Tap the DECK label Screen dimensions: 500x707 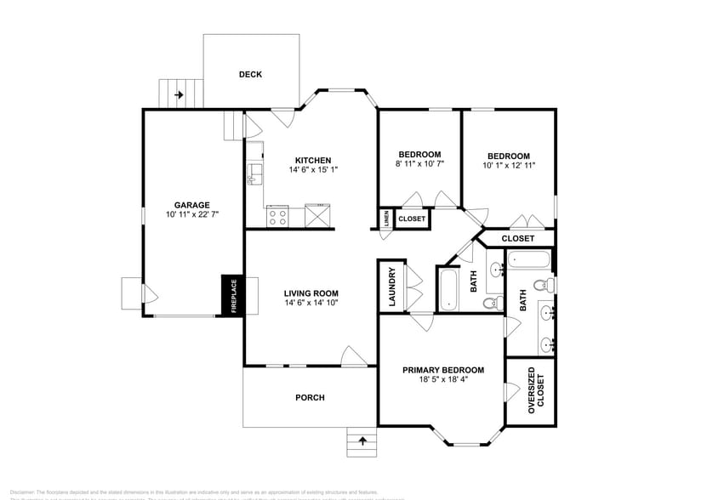click(250, 75)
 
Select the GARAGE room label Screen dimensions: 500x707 click(191, 205)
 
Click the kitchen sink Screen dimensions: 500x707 click(253, 175)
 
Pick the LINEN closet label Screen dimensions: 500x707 click(385, 219)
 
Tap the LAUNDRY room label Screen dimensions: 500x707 click(391, 287)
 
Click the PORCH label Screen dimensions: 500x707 click(310, 397)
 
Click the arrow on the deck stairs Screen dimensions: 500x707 click(179, 94)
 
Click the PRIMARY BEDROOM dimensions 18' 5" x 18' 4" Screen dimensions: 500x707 click(442, 380)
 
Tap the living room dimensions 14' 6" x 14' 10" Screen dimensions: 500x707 click(311, 304)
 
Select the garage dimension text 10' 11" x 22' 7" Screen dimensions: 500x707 click(191, 215)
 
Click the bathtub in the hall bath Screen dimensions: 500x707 click(448, 289)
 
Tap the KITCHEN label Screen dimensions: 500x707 click(312, 160)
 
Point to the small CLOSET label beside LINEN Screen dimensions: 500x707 click(412, 219)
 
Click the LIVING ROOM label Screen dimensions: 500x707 click(311, 293)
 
